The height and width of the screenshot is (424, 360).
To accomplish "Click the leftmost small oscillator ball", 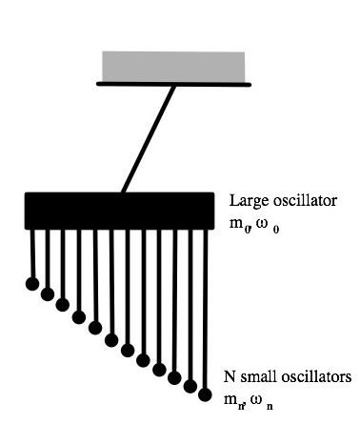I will (31, 284).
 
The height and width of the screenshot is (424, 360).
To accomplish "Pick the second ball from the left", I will (47, 294).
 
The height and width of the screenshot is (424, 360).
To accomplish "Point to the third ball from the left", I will (63, 305).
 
